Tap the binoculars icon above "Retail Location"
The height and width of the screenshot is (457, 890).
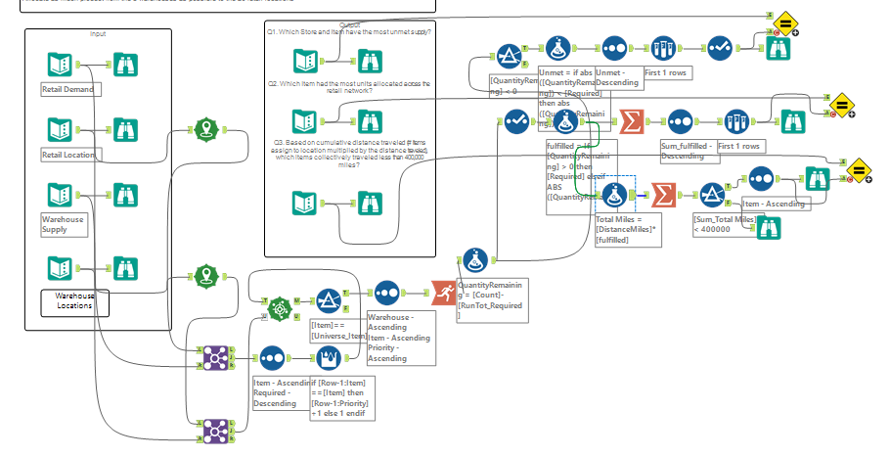click(x=126, y=128)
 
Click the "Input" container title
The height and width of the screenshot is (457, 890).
click(x=97, y=34)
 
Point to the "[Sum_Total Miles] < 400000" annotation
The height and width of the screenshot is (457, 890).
click(x=725, y=225)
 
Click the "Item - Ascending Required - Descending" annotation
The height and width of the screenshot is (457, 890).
click(x=283, y=394)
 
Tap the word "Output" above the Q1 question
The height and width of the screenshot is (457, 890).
click(x=349, y=24)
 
